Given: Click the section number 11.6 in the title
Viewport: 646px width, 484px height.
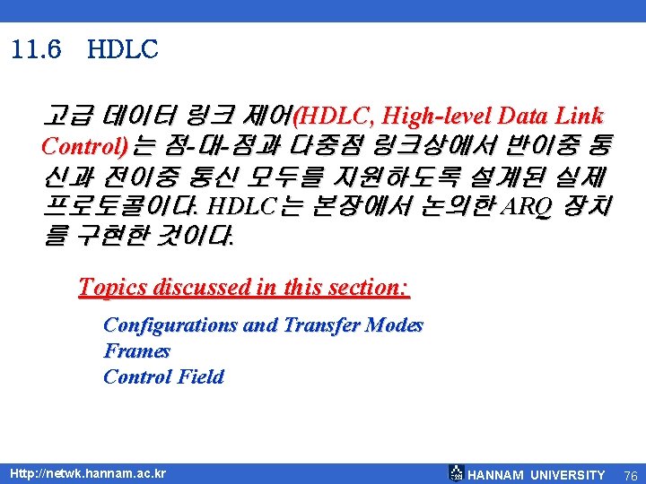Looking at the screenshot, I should (38, 50).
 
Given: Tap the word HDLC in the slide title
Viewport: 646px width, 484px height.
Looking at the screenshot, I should (123, 50).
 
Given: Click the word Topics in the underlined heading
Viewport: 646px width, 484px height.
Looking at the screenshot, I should (114, 288).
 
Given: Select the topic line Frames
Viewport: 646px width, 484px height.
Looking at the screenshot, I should (136, 350).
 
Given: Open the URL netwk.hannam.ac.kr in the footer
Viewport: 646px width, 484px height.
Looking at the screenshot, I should (87, 473).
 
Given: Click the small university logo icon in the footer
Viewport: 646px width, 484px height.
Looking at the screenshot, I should (457, 474).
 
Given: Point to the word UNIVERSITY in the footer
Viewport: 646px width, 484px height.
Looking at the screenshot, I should (567, 475).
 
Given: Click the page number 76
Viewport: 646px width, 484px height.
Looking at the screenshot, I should (630, 475).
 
